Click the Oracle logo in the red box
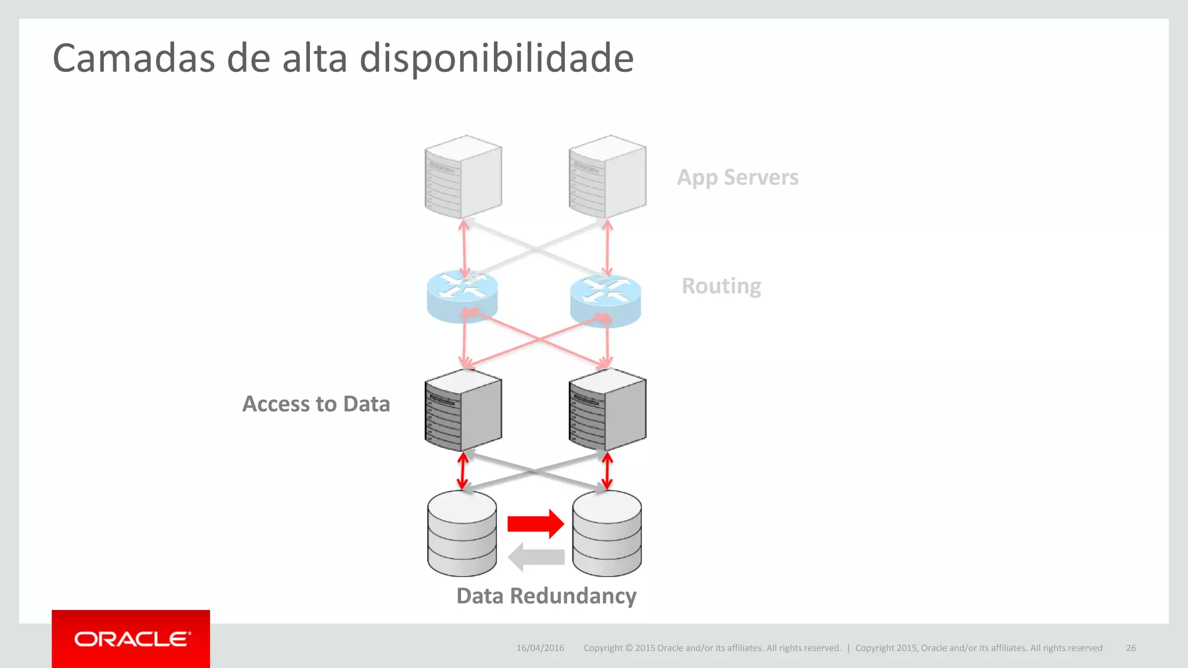(132, 639)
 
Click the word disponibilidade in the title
(497, 59)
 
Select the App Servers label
(737, 177)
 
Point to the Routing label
(721, 286)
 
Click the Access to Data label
(316, 404)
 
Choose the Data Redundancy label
(546, 596)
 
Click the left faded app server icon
(463, 176)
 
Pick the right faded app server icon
(607, 176)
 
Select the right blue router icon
(606, 299)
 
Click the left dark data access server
(463, 410)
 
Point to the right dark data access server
(607, 410)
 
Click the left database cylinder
(462, 533)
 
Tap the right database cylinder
(607, 533)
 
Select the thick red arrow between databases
(535, 524)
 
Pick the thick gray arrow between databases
(536, 557)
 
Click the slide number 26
(1131, 648)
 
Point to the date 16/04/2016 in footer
(540, 648)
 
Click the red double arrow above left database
(462, 470)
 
